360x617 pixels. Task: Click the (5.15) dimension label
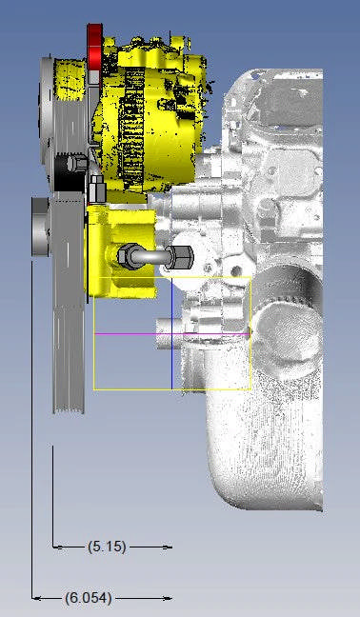click(107, 547)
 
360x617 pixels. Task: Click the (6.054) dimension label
click(89, 598)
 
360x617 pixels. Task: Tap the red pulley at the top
click(94, 48)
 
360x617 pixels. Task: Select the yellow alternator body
click(153, 114)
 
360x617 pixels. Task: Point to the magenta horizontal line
click(172, 334)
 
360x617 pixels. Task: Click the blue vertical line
click(172, 333)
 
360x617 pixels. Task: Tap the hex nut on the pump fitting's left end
click(127, 256)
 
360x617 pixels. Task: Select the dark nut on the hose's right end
click(179, 257)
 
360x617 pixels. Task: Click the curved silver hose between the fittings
click(151, 257)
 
